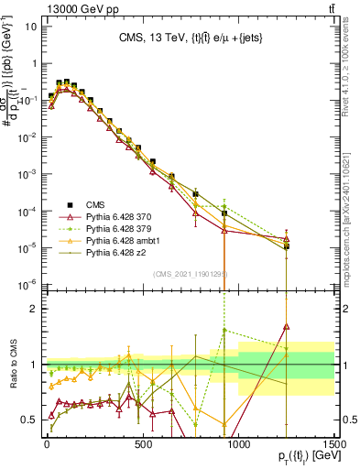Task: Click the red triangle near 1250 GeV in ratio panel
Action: pos(287,325)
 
